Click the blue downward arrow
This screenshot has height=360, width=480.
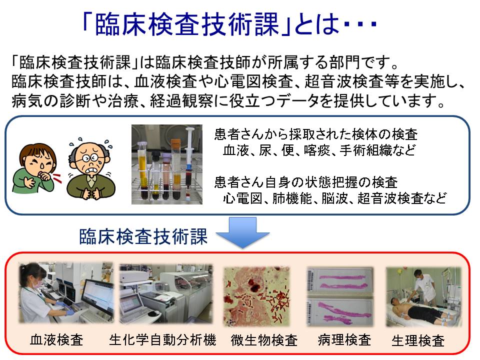pyautogui.click(x=243, y=232)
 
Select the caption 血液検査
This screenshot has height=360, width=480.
pyautogui.click(x=56, y=340)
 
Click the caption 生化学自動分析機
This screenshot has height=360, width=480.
pyautogui.click(x=162, y=340)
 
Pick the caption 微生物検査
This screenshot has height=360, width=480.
pyautogui.click(x=264, y=340)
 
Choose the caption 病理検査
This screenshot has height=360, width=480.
pyautogui.click(x=344, y=340)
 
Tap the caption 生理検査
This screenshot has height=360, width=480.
pyautogui.click(x=418, y=340)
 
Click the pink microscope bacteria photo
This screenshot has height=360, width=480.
pyautogui.click(x=256, y=296)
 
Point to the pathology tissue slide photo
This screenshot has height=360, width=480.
pyautogui.click(x=340, y=296)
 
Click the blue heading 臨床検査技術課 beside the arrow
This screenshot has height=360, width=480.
pyautogui.click(x=143, y=236)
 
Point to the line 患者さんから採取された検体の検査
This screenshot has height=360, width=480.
pyautogui.click(x=316, y=134)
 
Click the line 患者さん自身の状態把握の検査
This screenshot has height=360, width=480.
pyautogui.click(x=306, y=182)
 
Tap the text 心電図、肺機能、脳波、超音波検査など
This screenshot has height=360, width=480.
pyautogui.click(x=334, y=198)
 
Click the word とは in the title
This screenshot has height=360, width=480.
pyautogui.click(x=317, y=24)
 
